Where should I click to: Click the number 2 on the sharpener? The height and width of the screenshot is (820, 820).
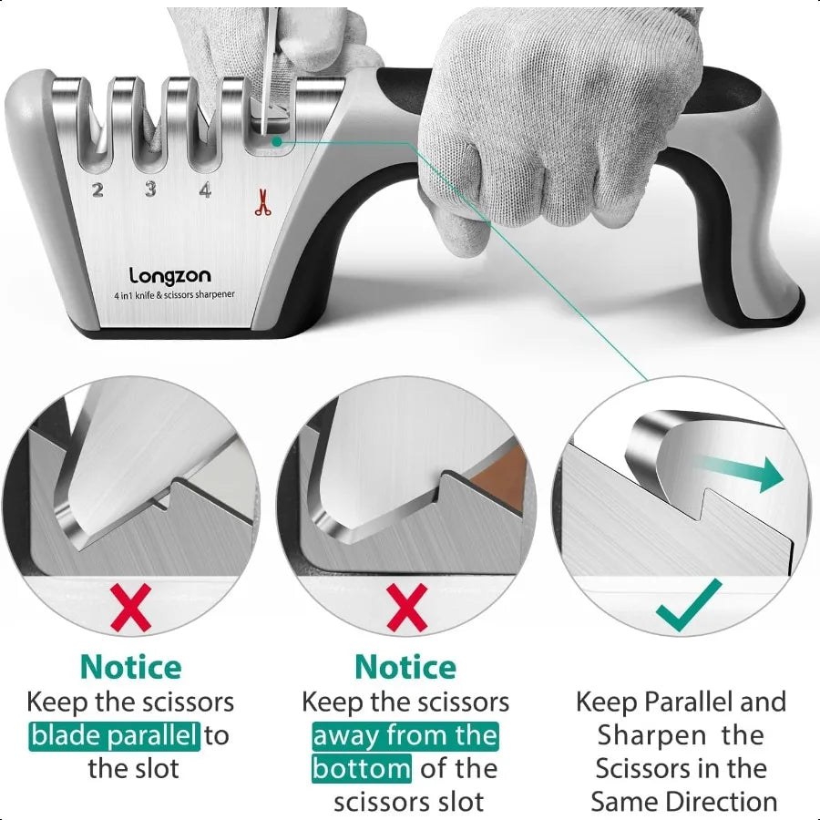coord(97,190)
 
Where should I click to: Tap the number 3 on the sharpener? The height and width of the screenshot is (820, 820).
coord(150,190)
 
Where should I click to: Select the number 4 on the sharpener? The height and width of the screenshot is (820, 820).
coord(206,190)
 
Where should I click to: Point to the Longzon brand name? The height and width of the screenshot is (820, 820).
coord(169,274)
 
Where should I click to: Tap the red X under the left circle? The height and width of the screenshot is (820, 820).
coord(131,609)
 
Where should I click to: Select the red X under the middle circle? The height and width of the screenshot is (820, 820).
coord(406,609)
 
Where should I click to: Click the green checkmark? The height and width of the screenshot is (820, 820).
coord(690,604)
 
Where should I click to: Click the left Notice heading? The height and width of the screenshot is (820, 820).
coord(130,667)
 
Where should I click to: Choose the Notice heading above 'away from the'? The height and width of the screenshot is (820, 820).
coord(405,667)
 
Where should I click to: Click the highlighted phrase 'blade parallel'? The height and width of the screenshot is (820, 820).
coord(114,735)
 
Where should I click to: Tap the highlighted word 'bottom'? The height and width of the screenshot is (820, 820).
coord(362,769)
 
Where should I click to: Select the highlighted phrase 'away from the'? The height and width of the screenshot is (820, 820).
coord(405,735)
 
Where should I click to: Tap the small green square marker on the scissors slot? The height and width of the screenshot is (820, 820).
coord(275,141)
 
